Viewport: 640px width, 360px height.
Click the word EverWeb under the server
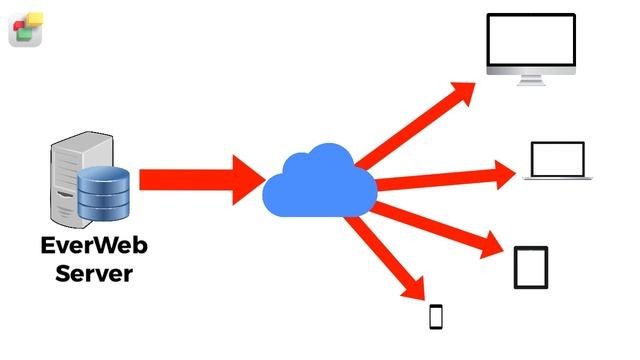(x=94, y=245)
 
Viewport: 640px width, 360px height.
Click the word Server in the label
(x=94, y=273)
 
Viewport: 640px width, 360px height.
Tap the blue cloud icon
(x=320, y=181)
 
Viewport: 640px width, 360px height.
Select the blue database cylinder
(x=103, y=193)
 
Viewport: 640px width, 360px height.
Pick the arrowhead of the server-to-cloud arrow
(x=248, y=180)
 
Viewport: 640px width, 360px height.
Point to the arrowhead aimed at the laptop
(x=504, y=174)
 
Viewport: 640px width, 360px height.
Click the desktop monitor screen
(x=531, y=40)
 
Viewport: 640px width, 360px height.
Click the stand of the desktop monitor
(x=531, y=80)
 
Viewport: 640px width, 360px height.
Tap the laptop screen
(x=558, y=159)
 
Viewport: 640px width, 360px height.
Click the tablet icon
(x=531, y=267)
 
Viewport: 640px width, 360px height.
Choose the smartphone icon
(x=436, y=317)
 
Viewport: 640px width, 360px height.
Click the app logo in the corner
(x=26, y=29)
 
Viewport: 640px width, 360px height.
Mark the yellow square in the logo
(x=34, y=20)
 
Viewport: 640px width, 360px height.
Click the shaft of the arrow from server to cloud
(x=186, y=180)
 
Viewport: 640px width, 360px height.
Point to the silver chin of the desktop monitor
(x=531, y=71)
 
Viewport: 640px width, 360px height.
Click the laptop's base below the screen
(x=558, y=178)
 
